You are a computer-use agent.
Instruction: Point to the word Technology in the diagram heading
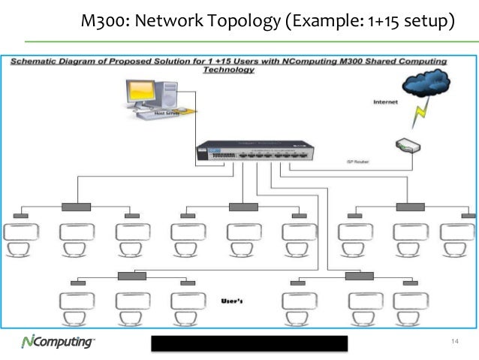pos(228,70)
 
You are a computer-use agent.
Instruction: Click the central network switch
pos(251,151)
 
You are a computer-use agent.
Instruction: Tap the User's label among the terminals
pos(234,301)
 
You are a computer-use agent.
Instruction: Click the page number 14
pos(453,343)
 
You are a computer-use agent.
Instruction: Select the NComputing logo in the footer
pos(57,343)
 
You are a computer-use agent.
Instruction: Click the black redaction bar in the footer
pos(250,343)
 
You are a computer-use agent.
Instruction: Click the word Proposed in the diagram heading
pos(148,61)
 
